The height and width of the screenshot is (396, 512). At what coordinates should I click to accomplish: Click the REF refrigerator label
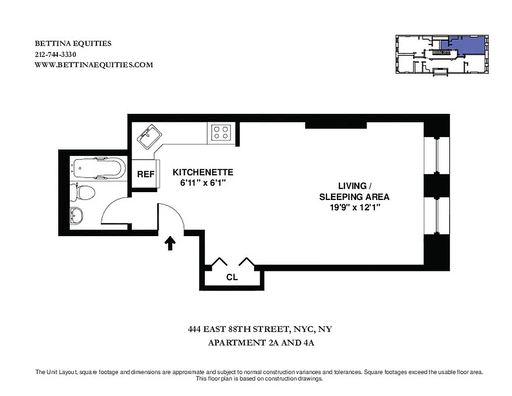[145, 174]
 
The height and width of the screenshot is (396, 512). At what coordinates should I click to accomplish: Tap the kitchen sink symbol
[148, 136]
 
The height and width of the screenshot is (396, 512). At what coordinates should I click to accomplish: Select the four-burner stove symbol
[221, 132]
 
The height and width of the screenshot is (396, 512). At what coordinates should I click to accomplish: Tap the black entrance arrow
[170, 243]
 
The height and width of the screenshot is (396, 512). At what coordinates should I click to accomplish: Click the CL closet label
[232, 277]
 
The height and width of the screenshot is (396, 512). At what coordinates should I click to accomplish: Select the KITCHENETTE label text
[203, 172]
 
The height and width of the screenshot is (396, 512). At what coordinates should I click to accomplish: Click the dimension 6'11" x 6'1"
[203, 182]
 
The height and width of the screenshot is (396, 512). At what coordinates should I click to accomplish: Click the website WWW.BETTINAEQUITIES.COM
[94, 64]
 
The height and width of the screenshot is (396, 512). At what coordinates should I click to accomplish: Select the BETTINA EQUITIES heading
[73, 44]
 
